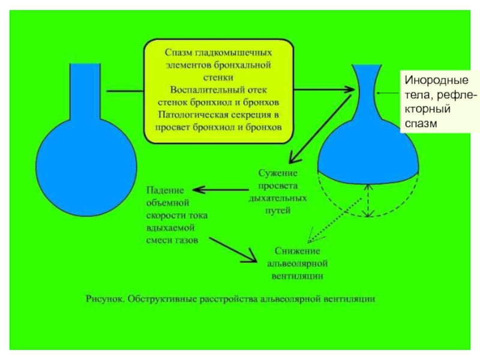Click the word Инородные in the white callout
(437, 80)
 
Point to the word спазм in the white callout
(421, 124)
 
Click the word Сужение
(278, 173)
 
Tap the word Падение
(165, 190)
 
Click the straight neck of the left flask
(85, 91)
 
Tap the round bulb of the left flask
(86, 167)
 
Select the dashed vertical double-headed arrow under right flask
(368, 200)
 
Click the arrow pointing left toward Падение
(220, 190)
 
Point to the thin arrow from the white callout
(388, 93)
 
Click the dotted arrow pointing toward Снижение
(335, 220)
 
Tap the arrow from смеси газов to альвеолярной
(233, 250)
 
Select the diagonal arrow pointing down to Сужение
(320, 129)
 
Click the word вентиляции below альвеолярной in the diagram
(297, 276)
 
